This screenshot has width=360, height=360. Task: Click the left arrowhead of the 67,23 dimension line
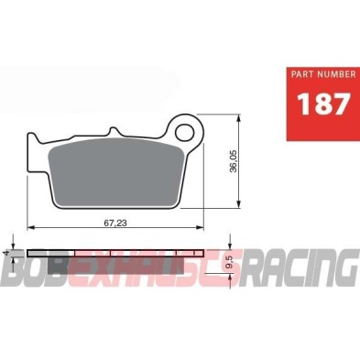[30, 227]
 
